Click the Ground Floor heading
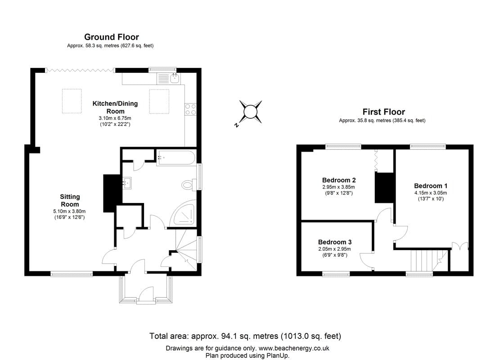pyautogui.click(x=112, y=37)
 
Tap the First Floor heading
pyautogui.click(x=383, y=112)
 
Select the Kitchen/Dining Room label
pyautogui.click(x=115, y=107)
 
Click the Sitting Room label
pyautogui.click(x=70, y=200)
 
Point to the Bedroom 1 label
pyautogui.click(x=431, y=186)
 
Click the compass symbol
pyautogui.click(x=250, y=111)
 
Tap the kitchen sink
pyautogui.click(x=174, y=79)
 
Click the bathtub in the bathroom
pyautogui.click(x=175, y=158)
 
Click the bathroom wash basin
pyautogui.click(x=127, y=183)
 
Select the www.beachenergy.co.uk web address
pyautogui.click(x=294, y=348)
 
